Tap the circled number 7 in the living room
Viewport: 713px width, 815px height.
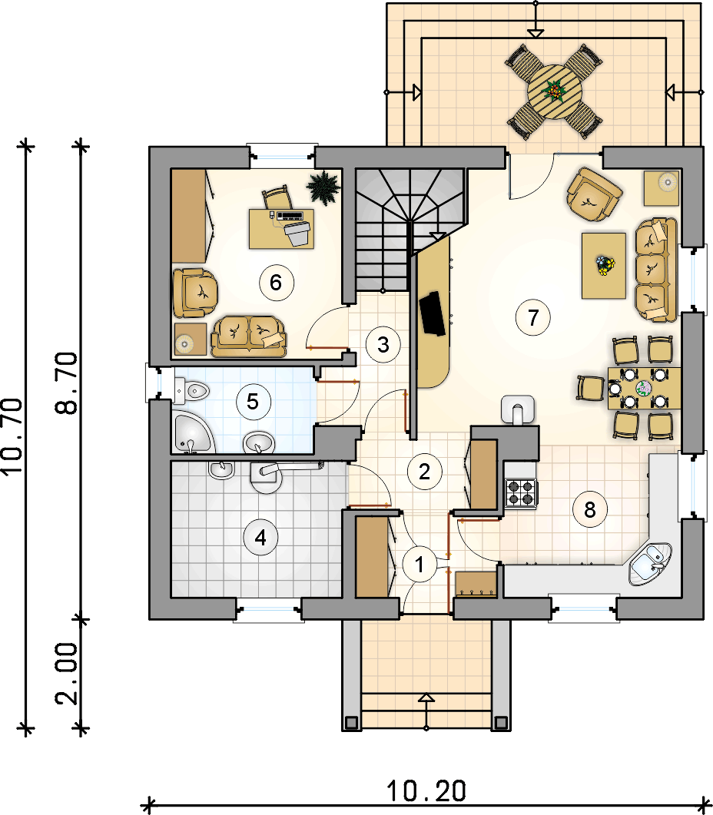point(532,316)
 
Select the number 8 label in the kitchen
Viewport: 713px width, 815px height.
point(590,509)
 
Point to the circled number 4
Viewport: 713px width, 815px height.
point(260,537)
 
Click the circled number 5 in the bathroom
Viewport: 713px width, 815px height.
point(253,401)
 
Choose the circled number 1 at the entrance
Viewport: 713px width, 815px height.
point(420,564)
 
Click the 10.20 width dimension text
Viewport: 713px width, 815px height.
point(426,791)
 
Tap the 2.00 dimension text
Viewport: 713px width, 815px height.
point(68,674)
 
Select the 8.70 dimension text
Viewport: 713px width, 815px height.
point(68,383)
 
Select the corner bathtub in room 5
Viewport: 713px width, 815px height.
point(192,432)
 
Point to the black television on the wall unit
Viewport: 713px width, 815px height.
point(433,313)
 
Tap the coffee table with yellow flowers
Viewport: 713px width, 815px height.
point(603,266)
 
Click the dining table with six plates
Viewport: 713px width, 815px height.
point(645,388)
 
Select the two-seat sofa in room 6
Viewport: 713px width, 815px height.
point(249,336)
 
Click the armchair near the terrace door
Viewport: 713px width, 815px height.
point(593,194)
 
